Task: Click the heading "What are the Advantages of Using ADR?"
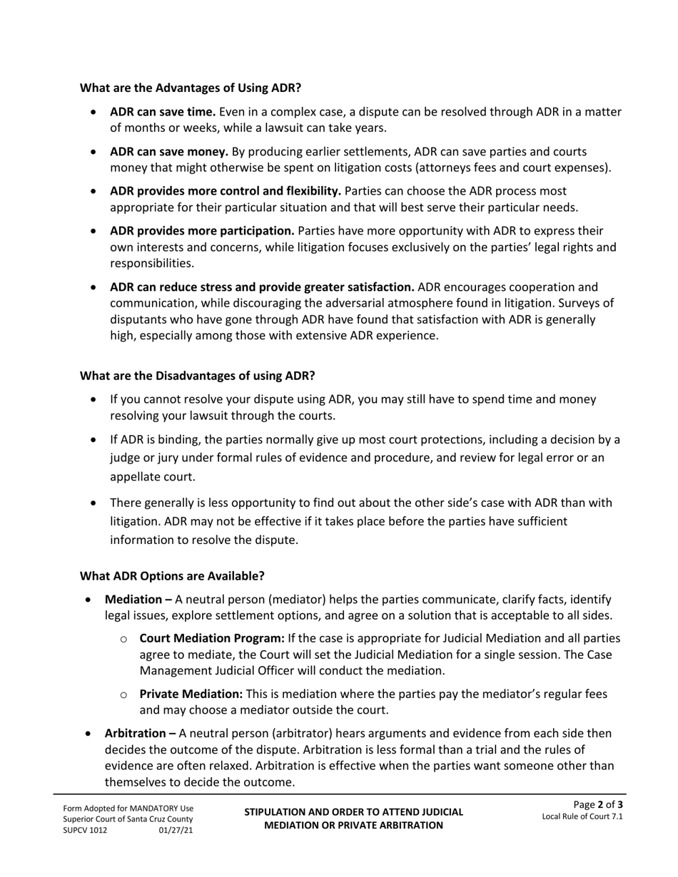(x=190, y=88)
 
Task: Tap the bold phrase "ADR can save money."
(x=168, y=152)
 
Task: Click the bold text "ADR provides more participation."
(x=202, y=231)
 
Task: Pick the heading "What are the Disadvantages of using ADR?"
(x=197, y=376)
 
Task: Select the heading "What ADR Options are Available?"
(x=171, y=575)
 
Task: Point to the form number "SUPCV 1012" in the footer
(x=85, y=831)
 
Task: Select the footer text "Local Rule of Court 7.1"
(x=582, y=817)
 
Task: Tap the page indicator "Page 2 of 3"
(x=598, y=805)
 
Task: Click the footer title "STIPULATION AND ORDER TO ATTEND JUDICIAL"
(x=353, y=812)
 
